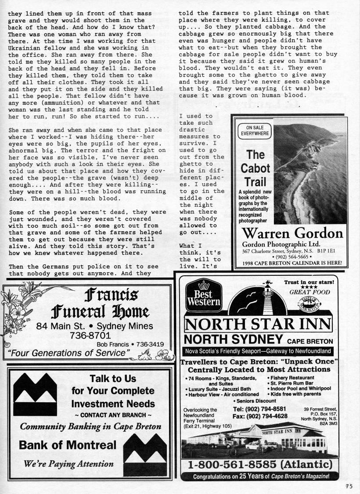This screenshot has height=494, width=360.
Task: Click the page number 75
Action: [x=349, y=486]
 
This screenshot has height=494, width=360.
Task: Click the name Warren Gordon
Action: [x=292, y=233]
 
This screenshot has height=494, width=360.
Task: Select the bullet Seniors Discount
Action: [x=256, y=401]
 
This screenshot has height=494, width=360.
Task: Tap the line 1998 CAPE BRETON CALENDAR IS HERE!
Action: [x=292, y=263]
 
